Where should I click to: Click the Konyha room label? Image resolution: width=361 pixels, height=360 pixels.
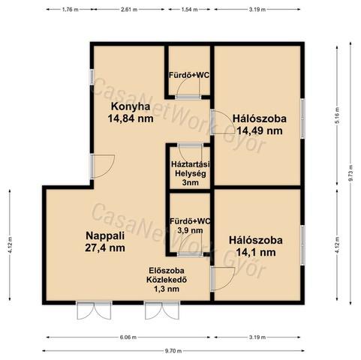pos(131,106)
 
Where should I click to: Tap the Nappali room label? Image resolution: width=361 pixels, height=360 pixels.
pos(105,235)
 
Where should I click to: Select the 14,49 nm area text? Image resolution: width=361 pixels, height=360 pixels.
pos(260,130)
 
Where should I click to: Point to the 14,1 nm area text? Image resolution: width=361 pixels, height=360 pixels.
pos(256,252)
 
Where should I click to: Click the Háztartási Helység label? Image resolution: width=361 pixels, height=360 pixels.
pos(191,169)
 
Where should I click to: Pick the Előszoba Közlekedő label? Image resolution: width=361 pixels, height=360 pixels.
pos(167,275)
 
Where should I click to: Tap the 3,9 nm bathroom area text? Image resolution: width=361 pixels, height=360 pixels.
pos(190,230)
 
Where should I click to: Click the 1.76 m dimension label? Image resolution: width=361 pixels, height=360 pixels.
pos(70,10)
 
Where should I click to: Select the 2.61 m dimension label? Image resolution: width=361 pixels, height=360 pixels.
pos(129,10)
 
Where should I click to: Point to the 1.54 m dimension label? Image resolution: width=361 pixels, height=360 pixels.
pos(189,10)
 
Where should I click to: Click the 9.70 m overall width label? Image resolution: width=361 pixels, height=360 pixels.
pos(173,351)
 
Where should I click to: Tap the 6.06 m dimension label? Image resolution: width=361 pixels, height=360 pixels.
pos(128,337)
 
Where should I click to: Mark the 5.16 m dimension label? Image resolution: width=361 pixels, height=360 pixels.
pos(337,115)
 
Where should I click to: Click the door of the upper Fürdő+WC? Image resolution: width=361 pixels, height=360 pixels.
pos(188,91)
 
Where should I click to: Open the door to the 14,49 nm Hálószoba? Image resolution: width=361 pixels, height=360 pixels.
pos(222,122)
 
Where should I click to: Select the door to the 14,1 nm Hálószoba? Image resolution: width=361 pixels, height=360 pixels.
pos(222,279)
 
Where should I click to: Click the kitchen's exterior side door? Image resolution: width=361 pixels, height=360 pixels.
pos(103,166)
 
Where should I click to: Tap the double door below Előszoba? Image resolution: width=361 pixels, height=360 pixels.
pos(162,310)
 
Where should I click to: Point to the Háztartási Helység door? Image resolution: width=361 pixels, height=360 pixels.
pos(191,153)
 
